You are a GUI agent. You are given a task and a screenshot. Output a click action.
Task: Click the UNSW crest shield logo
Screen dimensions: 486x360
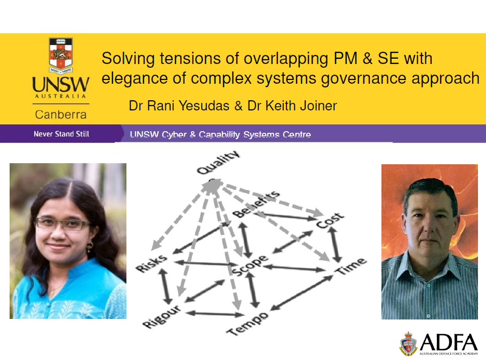pos(61,56)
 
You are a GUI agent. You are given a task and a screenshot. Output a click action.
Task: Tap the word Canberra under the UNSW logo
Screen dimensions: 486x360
pos(61,115)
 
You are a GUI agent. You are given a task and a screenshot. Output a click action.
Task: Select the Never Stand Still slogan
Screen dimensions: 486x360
pos(61,134)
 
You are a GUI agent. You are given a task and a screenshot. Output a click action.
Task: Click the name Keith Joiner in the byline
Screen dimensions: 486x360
pos(301,106)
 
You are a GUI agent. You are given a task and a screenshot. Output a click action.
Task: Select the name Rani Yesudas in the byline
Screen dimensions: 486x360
pos(188,106)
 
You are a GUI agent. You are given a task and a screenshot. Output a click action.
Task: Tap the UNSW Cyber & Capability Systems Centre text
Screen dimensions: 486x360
pos(220,134)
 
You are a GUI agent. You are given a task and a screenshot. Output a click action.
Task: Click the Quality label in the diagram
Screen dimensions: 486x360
pos(219,162)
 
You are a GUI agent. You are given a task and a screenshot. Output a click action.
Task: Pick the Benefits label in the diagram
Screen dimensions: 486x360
pos(256,204)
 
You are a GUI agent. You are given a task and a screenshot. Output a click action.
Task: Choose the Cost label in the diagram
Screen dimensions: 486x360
pos(330,221)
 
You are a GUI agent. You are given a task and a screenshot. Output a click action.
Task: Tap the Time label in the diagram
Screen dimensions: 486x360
pos(351,266)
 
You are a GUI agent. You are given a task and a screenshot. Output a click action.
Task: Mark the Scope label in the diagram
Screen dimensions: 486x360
pos(250,265)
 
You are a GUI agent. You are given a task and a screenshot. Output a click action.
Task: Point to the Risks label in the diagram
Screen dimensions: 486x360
pos(152,263)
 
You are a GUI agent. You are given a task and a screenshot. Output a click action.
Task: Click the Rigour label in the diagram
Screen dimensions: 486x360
pos(162,316)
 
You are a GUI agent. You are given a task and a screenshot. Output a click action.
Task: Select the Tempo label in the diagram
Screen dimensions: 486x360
pos(248,323)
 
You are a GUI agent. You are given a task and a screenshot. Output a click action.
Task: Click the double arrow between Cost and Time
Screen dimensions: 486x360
pos(334,244)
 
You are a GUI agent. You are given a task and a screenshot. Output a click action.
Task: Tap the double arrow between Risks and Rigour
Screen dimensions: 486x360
pos(165,286)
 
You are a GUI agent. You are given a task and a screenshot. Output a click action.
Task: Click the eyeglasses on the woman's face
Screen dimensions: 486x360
pos(61,223)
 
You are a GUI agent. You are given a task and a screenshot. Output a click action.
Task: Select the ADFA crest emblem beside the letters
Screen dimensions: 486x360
pos(409,343)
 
